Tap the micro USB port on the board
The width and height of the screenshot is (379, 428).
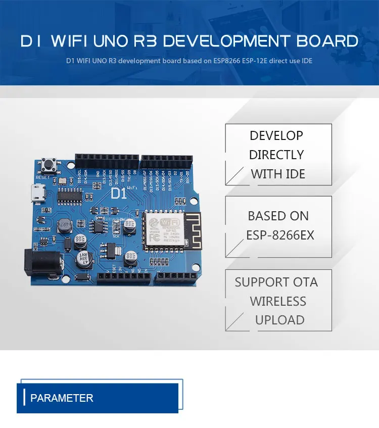click(x=37, y=194)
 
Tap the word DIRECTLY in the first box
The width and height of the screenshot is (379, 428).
click(x=276, y=155)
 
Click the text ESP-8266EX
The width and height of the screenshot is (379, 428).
click(x=280, y=235)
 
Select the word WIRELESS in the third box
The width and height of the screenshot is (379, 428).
click(x=278, y=301)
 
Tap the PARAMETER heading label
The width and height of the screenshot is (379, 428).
click(x=62, y=398)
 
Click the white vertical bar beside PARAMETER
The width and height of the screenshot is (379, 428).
click(x=24, y=397)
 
